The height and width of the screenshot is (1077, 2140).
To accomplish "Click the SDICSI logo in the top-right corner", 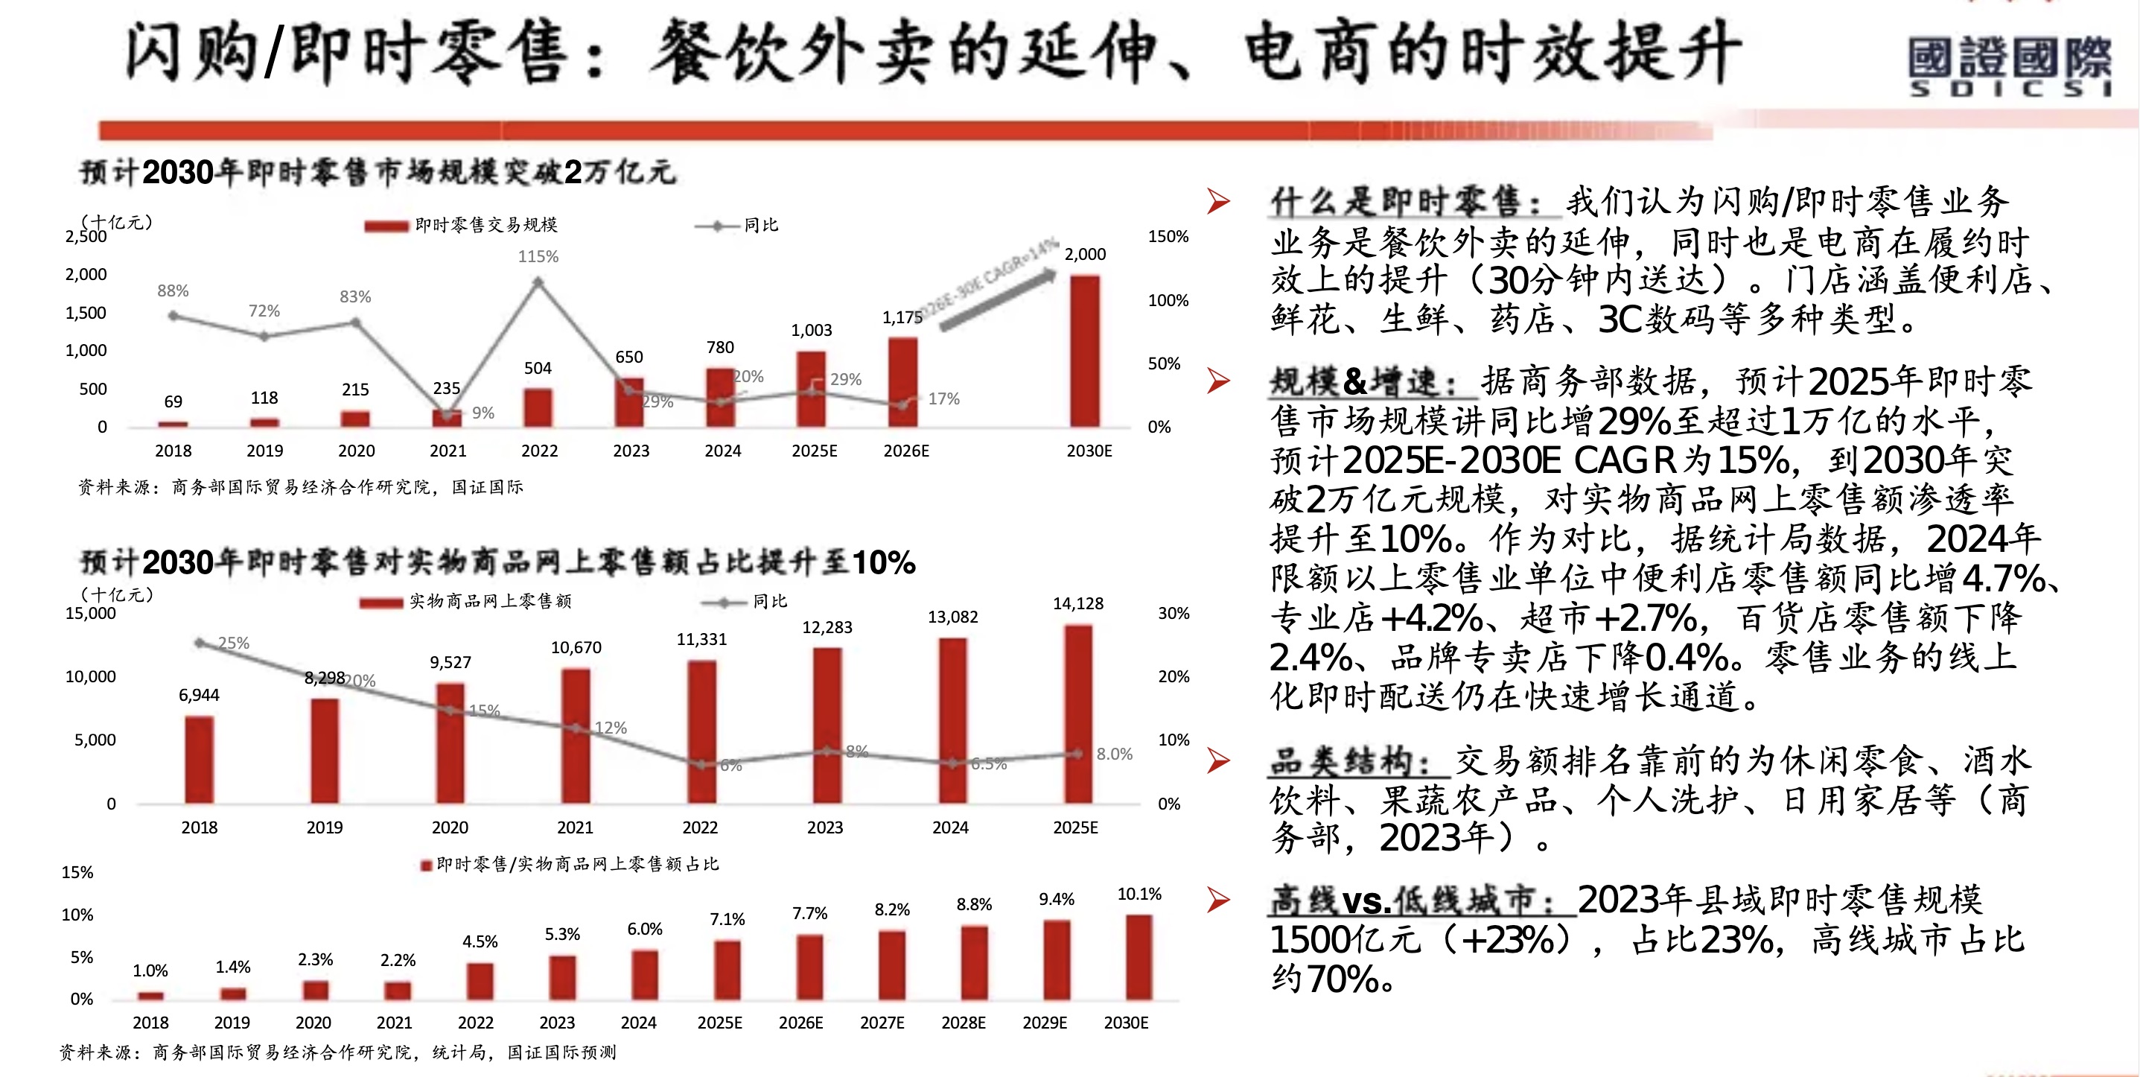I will [x=2009, y=66].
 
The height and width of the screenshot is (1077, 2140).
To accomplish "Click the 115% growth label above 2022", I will [x=538, y=257].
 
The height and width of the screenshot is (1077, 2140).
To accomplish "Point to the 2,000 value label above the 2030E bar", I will [x=1085, y=254].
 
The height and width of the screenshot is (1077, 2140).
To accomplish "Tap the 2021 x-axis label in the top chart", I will [x=448, y=451].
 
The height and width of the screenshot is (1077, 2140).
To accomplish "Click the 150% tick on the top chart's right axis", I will [x=1168, y=237].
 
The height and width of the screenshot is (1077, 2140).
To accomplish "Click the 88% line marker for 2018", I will [x=173, y=316].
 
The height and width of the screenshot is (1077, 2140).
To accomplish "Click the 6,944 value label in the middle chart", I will [x=200, y=696].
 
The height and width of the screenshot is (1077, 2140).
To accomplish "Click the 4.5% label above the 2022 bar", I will [x=480, y=942].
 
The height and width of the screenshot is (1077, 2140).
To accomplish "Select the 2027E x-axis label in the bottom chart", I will [x=882, y=1023].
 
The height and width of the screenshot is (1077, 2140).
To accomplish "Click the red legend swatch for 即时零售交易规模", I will [x=386, y=226].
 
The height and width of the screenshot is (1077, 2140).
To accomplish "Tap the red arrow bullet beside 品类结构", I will [x=1219, y=760].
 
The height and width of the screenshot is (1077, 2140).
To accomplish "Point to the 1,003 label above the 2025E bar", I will [x=812, y=331].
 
